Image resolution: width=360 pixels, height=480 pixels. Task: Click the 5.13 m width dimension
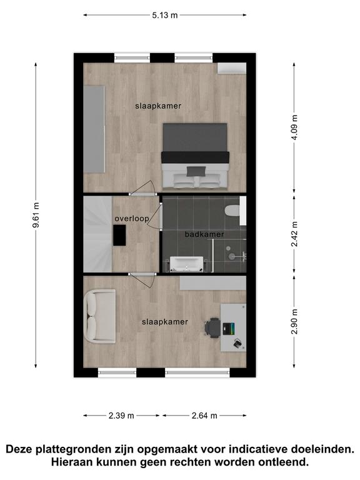(x=165, y=15)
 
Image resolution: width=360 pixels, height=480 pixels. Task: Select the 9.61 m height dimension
(x=36, y=215)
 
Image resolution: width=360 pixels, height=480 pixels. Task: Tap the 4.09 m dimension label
(x=294, y=127)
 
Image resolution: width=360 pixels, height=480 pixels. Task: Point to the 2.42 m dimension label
(x=294, y=234)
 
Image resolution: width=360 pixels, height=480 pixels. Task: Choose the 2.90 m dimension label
(x=294, y=321)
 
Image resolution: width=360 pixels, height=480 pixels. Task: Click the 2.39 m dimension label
(x=121, y=416)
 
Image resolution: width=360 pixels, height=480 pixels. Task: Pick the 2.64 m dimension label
(x=204, y=416)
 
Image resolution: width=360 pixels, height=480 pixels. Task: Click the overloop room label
(x=132, y=219)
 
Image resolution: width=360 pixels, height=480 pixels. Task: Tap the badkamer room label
(x=204, y=234)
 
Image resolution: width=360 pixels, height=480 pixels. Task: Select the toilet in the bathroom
(x=232, y=211)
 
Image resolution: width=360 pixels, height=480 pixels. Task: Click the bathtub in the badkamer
(x=186, y=264)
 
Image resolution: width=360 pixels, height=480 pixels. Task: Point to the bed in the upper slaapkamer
(x=195, y=156)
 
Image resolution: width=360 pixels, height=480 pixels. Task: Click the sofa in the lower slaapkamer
(x=100, y=316)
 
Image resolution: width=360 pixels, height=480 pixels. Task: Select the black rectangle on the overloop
(x=119, y=235)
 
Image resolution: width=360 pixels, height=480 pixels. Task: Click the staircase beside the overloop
(x=97, y=234)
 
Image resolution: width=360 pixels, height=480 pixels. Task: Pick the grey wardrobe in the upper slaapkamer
(x=94, y=129)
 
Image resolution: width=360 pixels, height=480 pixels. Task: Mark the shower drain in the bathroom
(x=228, y=248)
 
